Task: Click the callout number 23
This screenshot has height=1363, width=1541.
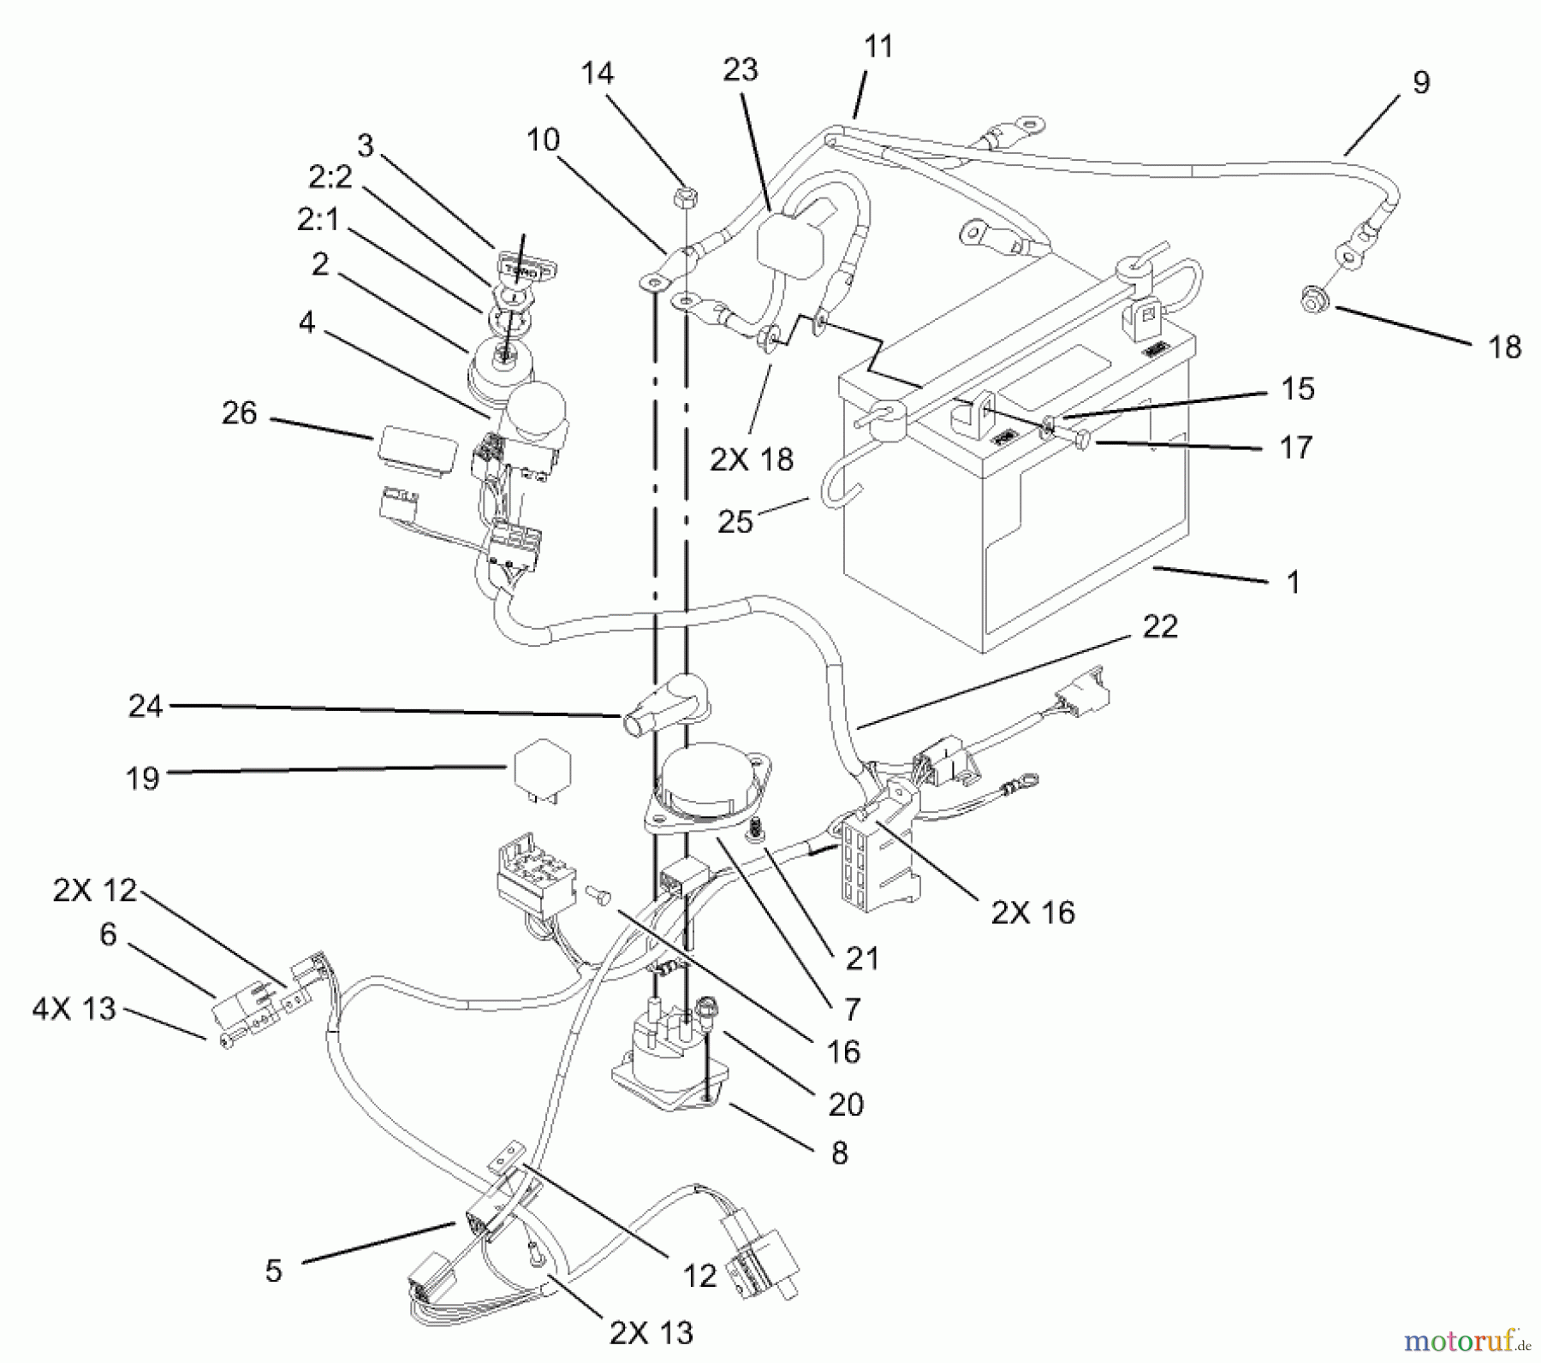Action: pos(741,70)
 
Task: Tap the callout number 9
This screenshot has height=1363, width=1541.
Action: pos(1419,83)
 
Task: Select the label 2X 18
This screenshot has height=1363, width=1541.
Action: pos(751,460)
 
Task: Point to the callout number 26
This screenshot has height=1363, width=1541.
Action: pos(239,413)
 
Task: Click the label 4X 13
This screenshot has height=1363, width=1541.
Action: pos(74,1010)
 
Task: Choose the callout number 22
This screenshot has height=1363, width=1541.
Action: pos(1159,627)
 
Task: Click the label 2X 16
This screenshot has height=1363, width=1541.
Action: pos(1032,913)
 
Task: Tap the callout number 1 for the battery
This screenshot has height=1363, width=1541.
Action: pos(1293,584)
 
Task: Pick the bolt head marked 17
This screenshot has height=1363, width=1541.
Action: pos(1081,441)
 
